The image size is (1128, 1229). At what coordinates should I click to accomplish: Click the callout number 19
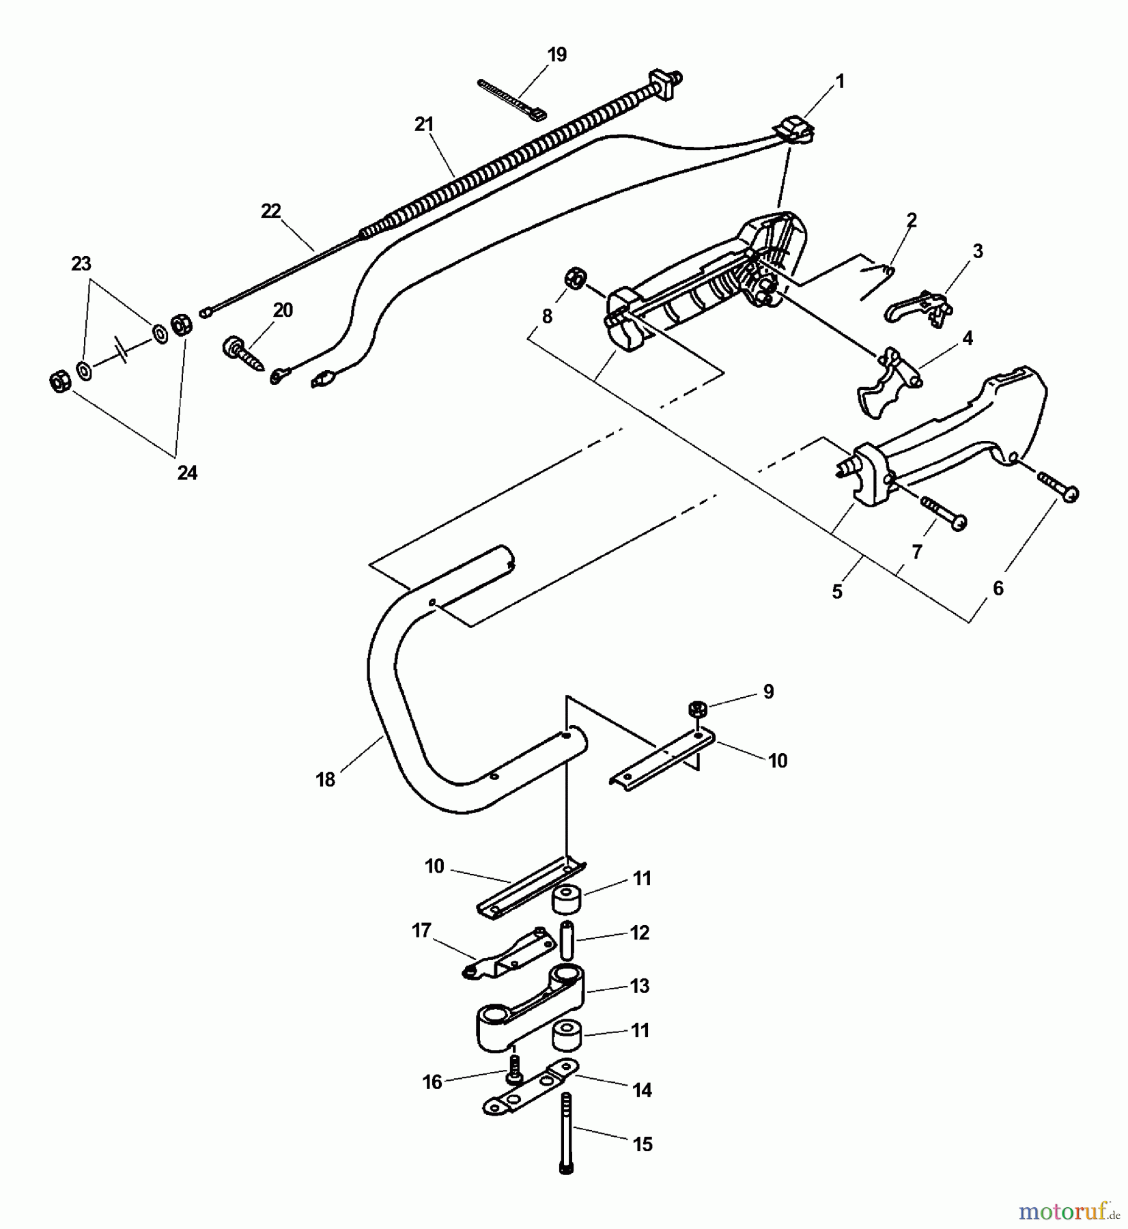pyautogui.click(x=557, y=55)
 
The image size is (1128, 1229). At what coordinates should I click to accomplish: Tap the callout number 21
pyautogui.click(x=423, y=125)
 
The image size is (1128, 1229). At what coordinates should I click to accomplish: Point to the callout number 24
pyautogui.click(x=187, y=472)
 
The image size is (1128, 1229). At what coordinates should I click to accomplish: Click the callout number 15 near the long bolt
pyautogui.click(x=643, y=1144)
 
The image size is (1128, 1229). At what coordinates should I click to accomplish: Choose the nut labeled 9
pyautogui.click(x=696, y=709)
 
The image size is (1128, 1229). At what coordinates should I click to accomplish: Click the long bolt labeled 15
pyautogui.click(x=566, y=1141)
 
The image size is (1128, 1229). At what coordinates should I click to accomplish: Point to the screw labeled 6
pyautogui.click(x=1058, y=486)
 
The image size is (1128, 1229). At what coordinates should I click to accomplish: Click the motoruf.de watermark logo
pyautogui.click(x=1067, y=1211)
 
